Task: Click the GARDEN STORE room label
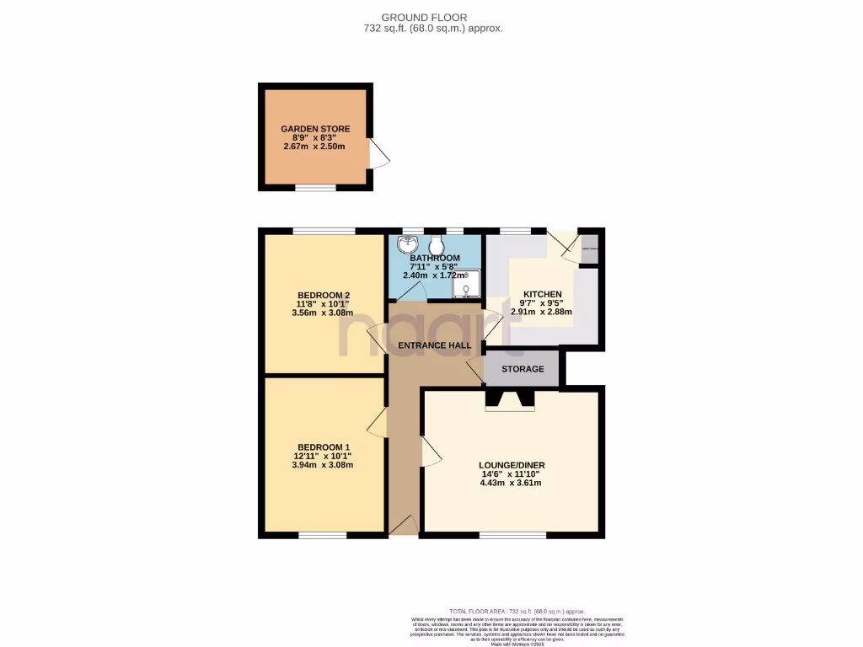(x=315, y=129)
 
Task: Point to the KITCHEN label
(x=541, y=295)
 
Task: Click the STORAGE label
(x=523, y=369)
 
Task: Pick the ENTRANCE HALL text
(x=434, y=345)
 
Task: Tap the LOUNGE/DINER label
(x=511, y=464)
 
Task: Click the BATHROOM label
(x=435, y=258)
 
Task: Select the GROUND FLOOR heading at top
(x=436, y=17)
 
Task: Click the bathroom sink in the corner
(x=407, y=243)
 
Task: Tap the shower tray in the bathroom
(x=467, y=286)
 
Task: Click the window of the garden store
(x=315, y=189)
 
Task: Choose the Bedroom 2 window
(x=323, y=230)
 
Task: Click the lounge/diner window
(x=511, y=534)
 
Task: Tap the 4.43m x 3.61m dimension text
(x=511, y=483)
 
